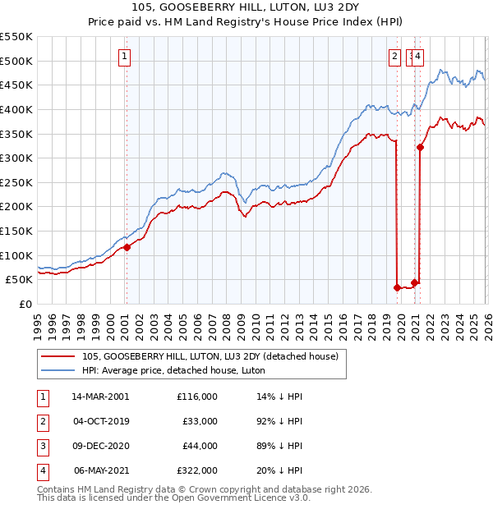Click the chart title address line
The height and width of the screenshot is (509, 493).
(x=246, y=9)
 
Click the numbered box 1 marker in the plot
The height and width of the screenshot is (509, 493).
(x=125, y=57)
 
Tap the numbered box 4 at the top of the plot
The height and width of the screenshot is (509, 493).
(x=418, y=57)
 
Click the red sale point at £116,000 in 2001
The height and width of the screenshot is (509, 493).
(x=127, y=247)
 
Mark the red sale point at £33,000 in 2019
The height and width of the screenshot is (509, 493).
(x=398, y=287)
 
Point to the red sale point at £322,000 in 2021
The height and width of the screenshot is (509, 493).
(x=421, y=148)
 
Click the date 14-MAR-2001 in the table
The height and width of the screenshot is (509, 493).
(x=100, y=397)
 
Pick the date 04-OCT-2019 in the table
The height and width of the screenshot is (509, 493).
(x=100, y=421)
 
